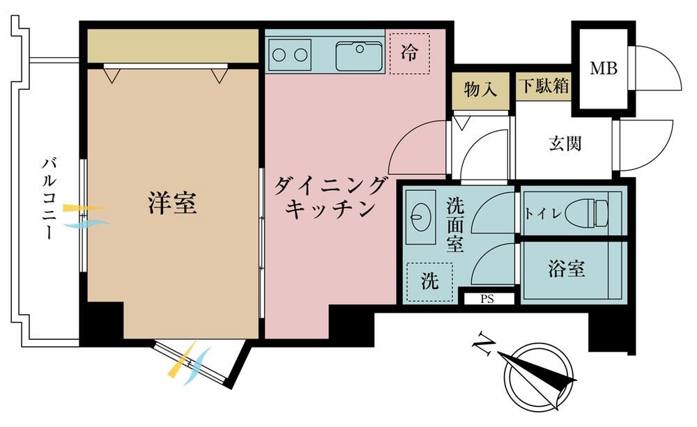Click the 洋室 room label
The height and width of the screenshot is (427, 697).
coord(172,203)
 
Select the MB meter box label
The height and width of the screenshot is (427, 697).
coord(604,68)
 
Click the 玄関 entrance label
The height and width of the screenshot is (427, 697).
coord(565,143)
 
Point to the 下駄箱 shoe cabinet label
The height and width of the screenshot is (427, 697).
coord(545,85)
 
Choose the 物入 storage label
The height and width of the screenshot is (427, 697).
coord(480,89)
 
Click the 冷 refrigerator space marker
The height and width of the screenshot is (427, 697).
coord(409,53)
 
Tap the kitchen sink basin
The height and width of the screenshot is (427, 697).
coord(359,56)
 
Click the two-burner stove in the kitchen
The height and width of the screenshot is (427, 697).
coord(290,54)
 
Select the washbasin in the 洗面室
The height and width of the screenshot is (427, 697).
coord(420,217)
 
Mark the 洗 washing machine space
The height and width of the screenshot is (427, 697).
coord(429,281)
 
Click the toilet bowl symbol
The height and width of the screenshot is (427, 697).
coord(587,212)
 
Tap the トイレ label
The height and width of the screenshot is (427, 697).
coord(543,214)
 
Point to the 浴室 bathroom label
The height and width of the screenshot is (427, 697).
coord(566,269)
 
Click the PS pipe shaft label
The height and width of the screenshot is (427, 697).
coord(487,299)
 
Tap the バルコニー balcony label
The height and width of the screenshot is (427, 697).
coord(49,198)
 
